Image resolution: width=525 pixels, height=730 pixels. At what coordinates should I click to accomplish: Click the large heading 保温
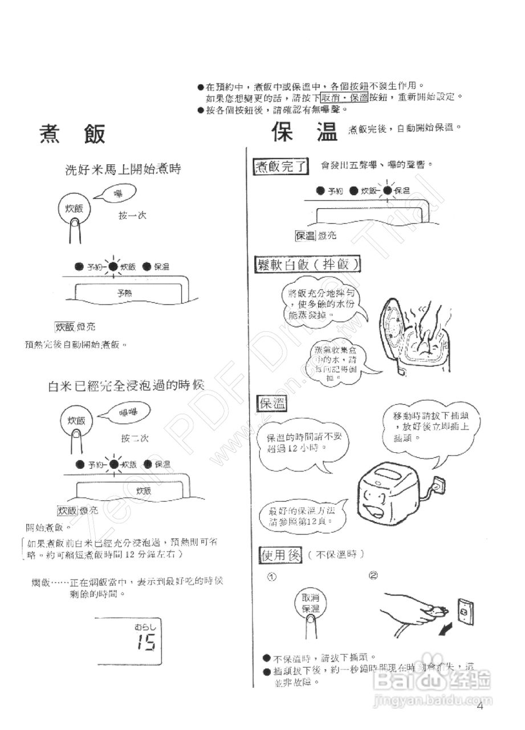pos(304,133)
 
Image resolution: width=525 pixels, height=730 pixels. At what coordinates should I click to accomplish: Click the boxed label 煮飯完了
pos(280,167)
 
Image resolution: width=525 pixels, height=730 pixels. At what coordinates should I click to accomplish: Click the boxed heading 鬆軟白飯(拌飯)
pos(308,265)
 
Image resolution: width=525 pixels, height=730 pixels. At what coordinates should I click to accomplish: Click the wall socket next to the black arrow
pos(465,611)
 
